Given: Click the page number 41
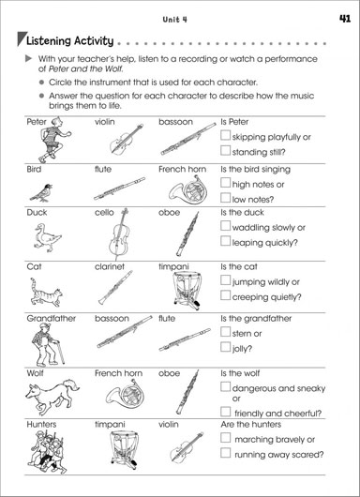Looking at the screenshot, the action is pyautogui.click(x=345, y=19).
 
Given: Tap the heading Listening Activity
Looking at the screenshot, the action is pyautogui.click(x=69, y=41).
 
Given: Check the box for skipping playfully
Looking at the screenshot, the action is pyautogui.click(x=225, y=135).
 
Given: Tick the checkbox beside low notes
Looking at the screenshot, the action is pyautogui.click(x=225, y=198).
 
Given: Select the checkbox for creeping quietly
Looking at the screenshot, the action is pyautogui.click(x=225, y=295).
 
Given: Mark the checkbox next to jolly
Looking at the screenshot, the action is pyautogui.click(x=225, y=347).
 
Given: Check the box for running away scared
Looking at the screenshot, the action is pyautogui.click(x=225, y=453).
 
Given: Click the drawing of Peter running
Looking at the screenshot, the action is pyautogui.click(x=53, y=140).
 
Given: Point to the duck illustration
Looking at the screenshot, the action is pyautogui.click(x=47, y=238).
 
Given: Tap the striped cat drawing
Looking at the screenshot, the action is pyautogui.click(x=46, y=294).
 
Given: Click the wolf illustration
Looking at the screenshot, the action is pyautogui.click(x=52, y=396).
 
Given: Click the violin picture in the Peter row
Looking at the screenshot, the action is pyautogui.click(x=126, y=140).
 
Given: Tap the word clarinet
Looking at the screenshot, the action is pyautogui.click(x=110, y=266).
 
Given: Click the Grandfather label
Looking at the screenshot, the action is pyautogui.click(x=51, y=318).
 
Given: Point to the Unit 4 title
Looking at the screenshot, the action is pyautogui.click(x=174, y=20).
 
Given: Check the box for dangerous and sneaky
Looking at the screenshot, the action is pyautogui.click(x=225, y=386).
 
